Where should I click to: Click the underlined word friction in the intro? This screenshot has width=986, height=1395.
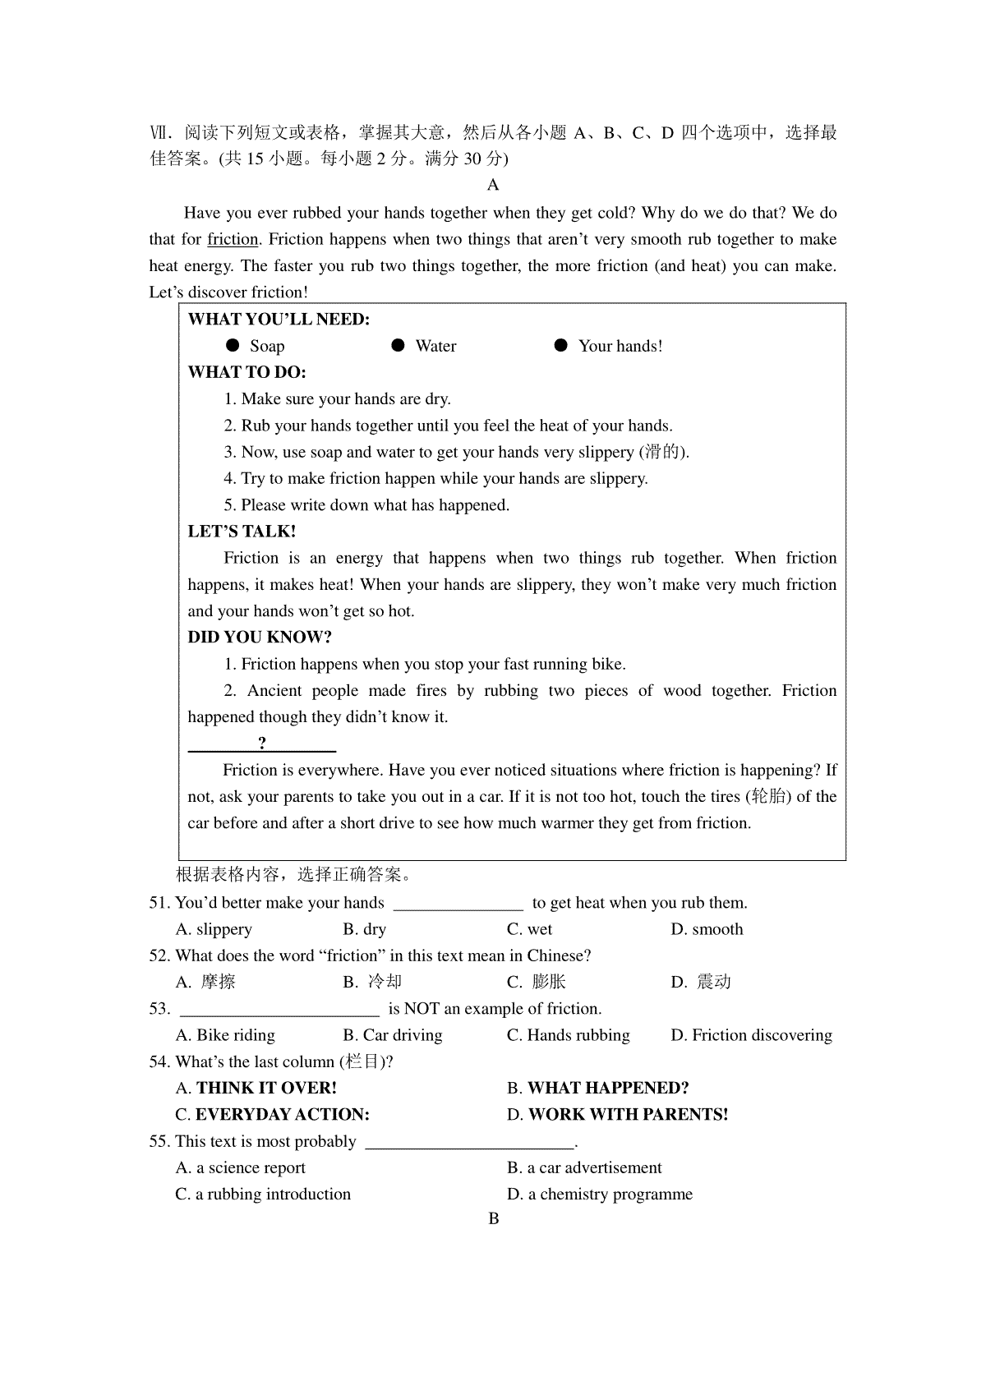tap(233, 240)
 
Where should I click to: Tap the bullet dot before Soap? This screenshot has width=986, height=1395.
tap(233, 346)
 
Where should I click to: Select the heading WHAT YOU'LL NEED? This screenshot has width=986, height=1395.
tap(279, 320)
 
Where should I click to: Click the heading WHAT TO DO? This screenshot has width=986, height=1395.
tap(247, 372)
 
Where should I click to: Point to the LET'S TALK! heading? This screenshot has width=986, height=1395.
tap(242, 532)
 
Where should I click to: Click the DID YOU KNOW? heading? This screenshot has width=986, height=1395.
tap(260, 638)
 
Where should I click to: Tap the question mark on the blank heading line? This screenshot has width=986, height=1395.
tap(262, 744)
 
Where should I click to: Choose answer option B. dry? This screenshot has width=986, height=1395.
tap(364, 929)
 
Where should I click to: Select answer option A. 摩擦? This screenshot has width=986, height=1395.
tap(205, 982)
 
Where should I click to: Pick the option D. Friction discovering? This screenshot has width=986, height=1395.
tap(751, 1035)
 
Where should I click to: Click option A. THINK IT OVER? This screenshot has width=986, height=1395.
tap(256, 1088)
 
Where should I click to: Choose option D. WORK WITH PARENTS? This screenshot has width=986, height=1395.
tap(618, 1115)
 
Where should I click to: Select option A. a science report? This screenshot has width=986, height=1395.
tap(241, 1167)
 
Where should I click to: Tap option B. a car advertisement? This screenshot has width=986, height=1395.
tap(584, 1167)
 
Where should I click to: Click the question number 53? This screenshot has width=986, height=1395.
tap(159, 1009)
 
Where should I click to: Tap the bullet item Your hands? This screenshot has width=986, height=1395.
tap(620, 346)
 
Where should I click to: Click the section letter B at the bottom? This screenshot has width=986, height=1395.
tap(494, 1218)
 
